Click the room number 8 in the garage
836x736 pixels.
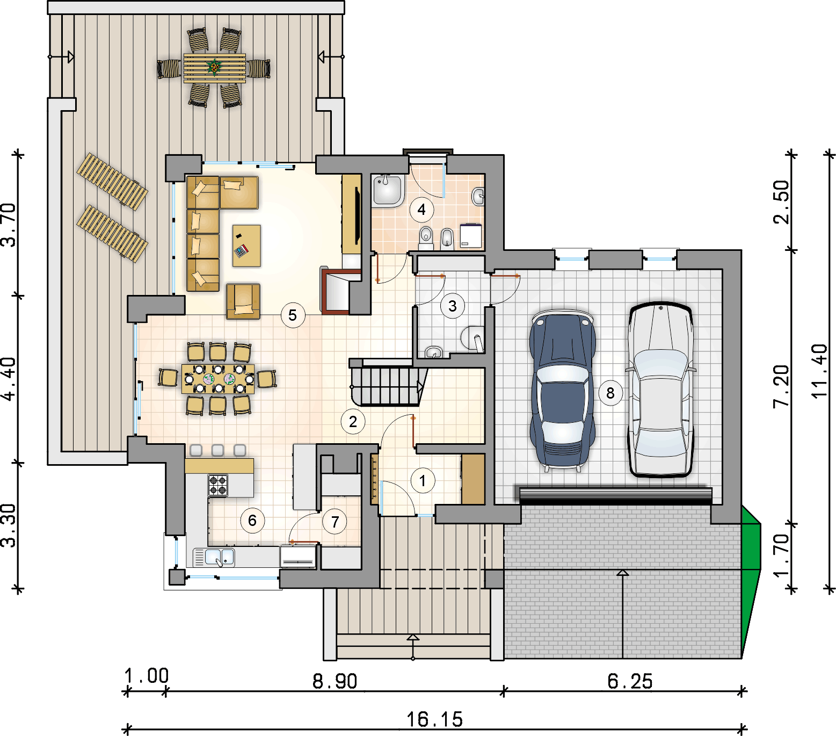click(610, 393)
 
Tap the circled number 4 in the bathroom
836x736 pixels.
click(421, 210)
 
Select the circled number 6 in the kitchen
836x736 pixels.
click(252, 520)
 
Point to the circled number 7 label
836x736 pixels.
click(335, 521)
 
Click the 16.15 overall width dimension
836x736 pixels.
click(434, 719)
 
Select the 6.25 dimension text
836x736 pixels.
click(630, 681)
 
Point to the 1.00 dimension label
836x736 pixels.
click(147, 676)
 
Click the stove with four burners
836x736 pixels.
click(218, 485)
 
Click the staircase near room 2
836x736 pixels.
click(388, 382)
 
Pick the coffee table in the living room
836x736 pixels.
click(246, 246)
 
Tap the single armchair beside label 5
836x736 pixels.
click(243, 301)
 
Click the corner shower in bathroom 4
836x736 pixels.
click(388, 190)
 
